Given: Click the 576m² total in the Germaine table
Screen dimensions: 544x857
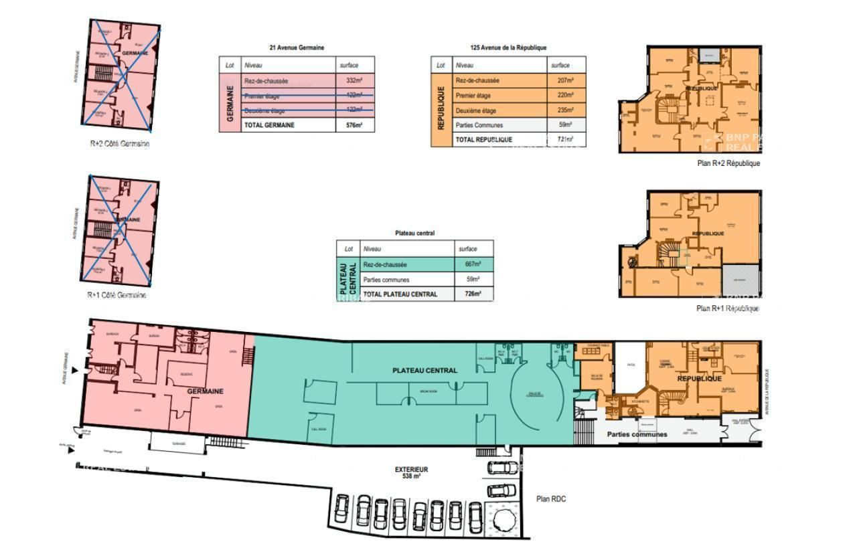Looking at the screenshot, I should point(354,125).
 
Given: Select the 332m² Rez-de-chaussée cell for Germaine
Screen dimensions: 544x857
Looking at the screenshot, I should point(354,81).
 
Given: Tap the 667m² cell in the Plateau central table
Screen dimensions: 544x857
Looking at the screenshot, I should point(473,264).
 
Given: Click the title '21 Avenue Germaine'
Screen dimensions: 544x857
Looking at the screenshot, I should point(297,48).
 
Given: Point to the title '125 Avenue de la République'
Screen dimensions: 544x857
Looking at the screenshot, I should point(508,48).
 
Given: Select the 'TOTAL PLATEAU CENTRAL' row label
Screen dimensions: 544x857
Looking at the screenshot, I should point(400,294).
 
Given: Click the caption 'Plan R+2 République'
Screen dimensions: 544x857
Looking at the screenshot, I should point(728,163).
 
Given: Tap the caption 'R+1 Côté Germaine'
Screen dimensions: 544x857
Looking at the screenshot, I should point(116,295).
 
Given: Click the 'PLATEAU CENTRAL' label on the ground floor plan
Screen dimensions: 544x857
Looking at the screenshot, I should point(424,370).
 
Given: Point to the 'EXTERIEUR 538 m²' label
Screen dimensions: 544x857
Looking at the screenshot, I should point(412,473).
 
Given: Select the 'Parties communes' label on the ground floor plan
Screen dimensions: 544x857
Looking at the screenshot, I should point(637,434).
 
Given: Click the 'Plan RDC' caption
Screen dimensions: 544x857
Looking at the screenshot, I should point(551,498).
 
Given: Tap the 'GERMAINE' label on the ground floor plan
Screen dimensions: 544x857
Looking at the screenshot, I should point(205,391).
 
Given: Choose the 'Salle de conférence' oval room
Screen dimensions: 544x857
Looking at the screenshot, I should point(536,395).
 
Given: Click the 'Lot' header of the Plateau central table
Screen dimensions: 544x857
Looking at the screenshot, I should point(348,249).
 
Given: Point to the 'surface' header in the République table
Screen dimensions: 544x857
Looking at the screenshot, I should point(560,66).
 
